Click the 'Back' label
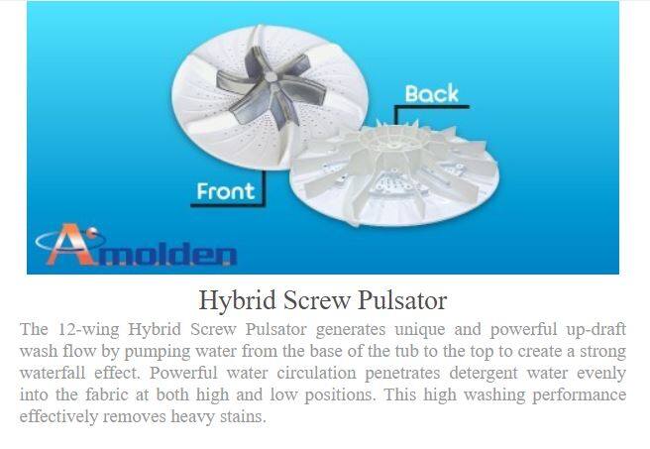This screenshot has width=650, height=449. [x=432, y=94]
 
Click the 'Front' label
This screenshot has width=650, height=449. [x=226, y=191]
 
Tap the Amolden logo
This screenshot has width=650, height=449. [x=137, y=246]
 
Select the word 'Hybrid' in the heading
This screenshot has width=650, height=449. [x=237, y=300]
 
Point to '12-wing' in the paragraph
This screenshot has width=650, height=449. [x=88, y=330]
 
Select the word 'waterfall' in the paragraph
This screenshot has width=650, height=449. [x=53, y=373]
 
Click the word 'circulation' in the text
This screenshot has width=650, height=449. [x=316, y=373]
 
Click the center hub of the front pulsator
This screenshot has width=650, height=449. [x=271, y=76]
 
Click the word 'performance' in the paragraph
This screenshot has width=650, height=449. [x=579, y=395]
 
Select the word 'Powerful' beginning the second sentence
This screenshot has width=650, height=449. [x=183, y=373]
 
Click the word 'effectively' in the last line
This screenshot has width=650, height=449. [x=58, y=416]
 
